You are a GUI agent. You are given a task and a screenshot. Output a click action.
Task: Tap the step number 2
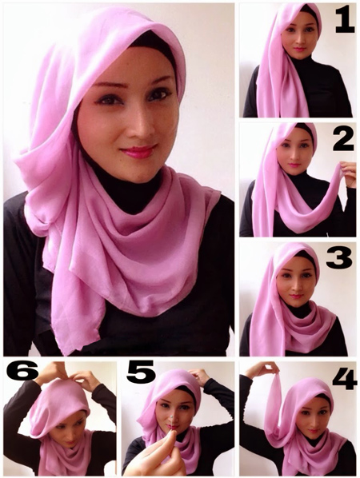[x=343, y=140]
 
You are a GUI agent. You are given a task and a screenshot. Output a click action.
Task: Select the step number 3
[x=338, y=258]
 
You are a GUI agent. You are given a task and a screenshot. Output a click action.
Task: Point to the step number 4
[x=345, y=379]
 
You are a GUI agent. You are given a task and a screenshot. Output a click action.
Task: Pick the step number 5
[x=142, y=372]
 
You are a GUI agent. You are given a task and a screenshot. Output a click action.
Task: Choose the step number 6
[x=23, y=370]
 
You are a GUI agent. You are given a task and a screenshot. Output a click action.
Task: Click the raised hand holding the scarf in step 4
[x=262, y=369]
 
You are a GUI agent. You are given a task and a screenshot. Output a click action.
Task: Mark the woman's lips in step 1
[x=298, y=50]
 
